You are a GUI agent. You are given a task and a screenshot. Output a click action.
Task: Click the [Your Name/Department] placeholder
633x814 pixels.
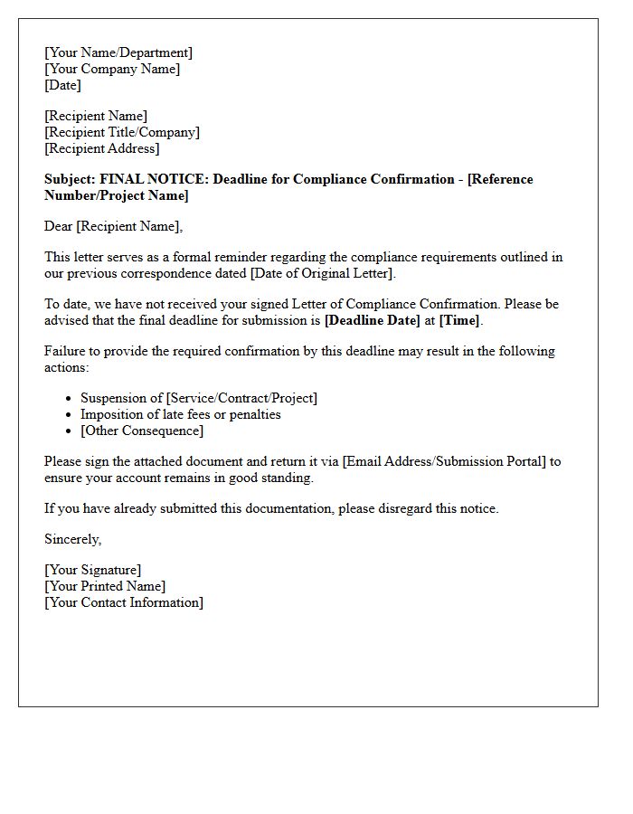[118, 52]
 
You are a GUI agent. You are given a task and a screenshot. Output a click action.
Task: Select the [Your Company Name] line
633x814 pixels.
[112, 69]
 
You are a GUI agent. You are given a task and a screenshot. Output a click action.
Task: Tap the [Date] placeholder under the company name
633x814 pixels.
[62, 85]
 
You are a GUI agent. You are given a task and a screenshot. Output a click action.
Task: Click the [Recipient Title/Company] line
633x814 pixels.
[122, 132]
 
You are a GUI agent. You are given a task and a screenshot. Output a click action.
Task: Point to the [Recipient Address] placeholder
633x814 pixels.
[102, 148]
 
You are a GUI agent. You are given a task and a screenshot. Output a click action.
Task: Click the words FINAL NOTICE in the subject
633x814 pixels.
[155, 179]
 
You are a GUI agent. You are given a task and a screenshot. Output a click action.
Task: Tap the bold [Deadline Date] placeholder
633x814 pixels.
[372, 320]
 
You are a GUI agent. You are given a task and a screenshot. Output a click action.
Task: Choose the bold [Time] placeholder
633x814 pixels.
[459, 320]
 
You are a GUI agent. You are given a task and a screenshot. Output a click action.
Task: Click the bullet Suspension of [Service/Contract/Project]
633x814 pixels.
[199, 398]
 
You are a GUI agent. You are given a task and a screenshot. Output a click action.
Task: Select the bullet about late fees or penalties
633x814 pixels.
[181, 414]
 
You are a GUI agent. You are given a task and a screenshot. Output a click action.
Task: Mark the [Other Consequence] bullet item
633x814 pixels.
[142, 431]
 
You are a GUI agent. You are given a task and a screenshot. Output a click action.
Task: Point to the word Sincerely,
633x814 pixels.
[73, 539]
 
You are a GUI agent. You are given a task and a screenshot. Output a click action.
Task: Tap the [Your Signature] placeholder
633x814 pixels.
[93, 570]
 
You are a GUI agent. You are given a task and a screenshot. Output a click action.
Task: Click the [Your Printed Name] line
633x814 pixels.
[105, 586]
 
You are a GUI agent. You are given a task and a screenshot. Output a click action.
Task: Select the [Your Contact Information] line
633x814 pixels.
[124, 602]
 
